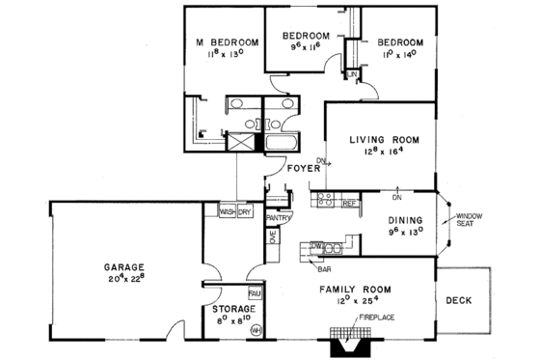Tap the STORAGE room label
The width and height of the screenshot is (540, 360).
(229, 309)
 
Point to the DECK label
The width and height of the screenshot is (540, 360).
(460, 300)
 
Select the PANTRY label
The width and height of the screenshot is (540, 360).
(278, 218)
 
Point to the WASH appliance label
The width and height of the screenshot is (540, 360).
(228, 211)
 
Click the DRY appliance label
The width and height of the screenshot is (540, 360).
(246, 211)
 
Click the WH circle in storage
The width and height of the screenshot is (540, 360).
(256, 329)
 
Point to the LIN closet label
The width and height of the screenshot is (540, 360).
(354, 74)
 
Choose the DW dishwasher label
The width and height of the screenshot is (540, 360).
(315, 246)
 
